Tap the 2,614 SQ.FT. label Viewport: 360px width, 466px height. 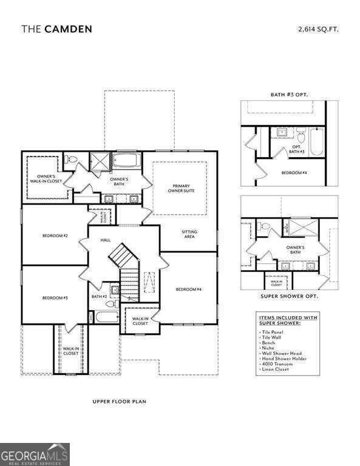click(318, 29)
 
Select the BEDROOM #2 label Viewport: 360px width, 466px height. click(55, 235)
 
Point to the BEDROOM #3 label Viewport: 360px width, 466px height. click(55, 298)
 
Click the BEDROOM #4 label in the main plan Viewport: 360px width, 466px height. click(189, 289)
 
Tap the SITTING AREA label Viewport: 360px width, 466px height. click(189, 234)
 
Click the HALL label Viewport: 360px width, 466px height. click(105, 241)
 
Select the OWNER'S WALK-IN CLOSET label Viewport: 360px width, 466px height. click(42, 179)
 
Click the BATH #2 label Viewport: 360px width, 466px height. click(99, 297)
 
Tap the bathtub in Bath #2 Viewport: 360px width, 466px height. click(107, 317)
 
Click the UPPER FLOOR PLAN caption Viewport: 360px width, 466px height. click(119, 401)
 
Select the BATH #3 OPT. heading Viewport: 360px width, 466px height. click(289, 95)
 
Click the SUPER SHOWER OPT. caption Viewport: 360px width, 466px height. click(289, 297)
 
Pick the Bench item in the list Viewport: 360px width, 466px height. click(268, 343)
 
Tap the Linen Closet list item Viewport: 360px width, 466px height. click(276, 370)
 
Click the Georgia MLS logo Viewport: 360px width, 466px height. click(35, 454)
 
